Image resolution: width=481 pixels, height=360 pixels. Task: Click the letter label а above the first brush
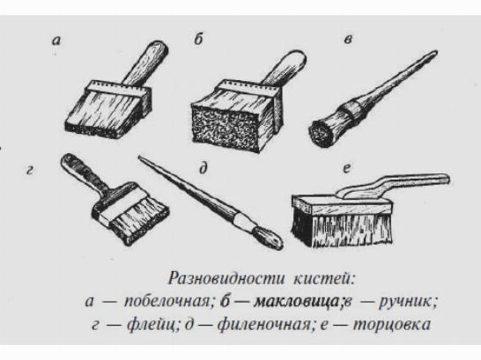coord(56,40)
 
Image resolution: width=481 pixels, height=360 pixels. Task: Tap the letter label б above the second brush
coord(199,39)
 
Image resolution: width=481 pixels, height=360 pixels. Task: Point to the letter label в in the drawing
coord(348,40)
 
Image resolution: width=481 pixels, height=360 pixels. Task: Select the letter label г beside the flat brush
coord(29,170)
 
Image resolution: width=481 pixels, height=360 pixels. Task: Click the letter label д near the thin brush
coord(203,169)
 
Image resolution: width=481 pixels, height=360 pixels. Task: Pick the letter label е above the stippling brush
coord(346,169)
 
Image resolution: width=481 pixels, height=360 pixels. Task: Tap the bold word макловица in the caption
coord(297,303)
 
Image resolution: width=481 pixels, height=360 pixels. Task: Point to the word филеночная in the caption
coord(264,325)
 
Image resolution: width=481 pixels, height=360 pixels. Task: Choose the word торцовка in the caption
coord(392,325)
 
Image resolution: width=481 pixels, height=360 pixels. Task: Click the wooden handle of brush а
coord(145,64)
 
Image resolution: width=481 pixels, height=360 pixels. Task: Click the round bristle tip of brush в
coord(320,133)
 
